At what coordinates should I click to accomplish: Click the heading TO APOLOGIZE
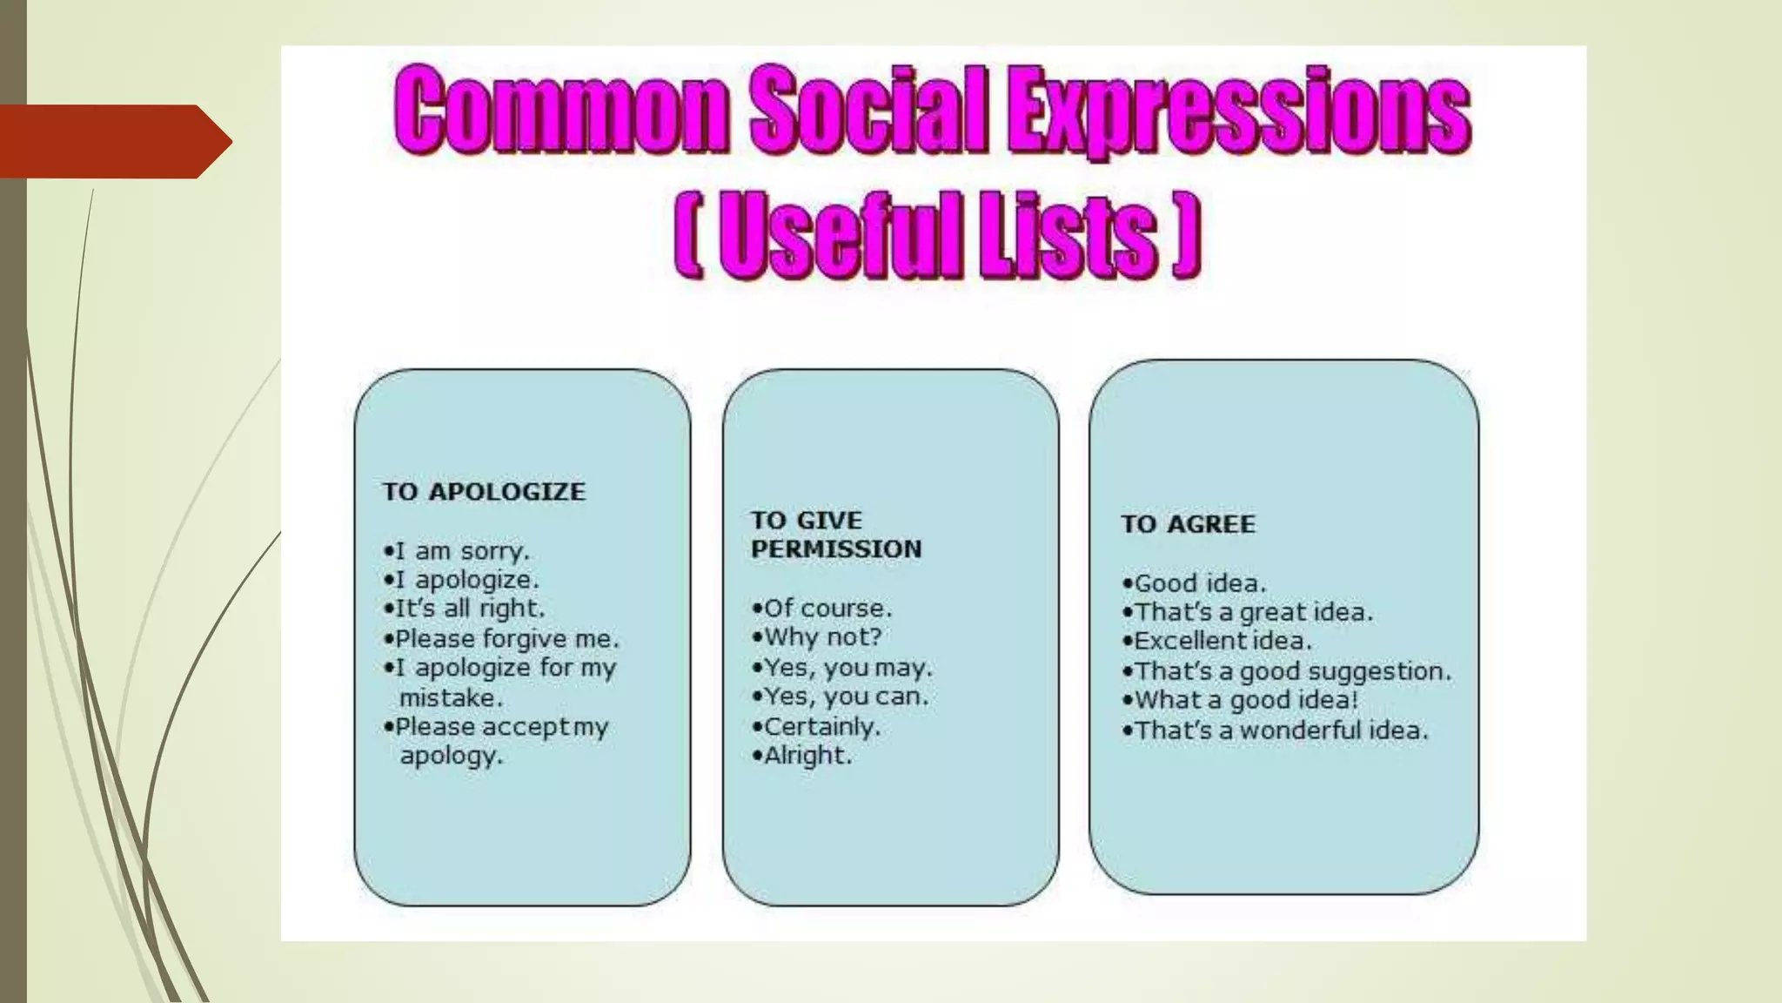pyautogui.click(x=484, y=492)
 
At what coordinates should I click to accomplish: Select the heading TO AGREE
pyautogui.click(x=1188, y=524)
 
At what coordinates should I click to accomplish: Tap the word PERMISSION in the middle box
pyautogui.click(x=836, y=549)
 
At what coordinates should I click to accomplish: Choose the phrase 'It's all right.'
pyautogui.click(x=465, y=609)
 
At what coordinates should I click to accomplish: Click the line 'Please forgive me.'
pyautogui.click(x=502, y=639)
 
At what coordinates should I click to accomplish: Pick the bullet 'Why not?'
pyautogui.click(x=818, y=637)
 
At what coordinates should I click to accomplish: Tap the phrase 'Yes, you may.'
pyautogui.click(x=842, y=668)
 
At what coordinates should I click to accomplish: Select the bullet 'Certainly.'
pyautogui.click(x=817, y=726)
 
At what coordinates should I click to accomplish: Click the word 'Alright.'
pyautogui.click(x=803, y=756)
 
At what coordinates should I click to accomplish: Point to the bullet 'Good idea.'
pyautogui.click(x=1195, y=583)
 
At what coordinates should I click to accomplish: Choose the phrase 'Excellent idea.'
pyautogui.click(x=1217, y=642)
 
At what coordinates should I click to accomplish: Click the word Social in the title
pyautogui.click(x=868, y=111)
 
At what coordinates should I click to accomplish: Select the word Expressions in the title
pyautogui.click(x=1239, y=113)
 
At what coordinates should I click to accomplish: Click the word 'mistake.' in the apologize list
pyautogui.click(x=451, y=698)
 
